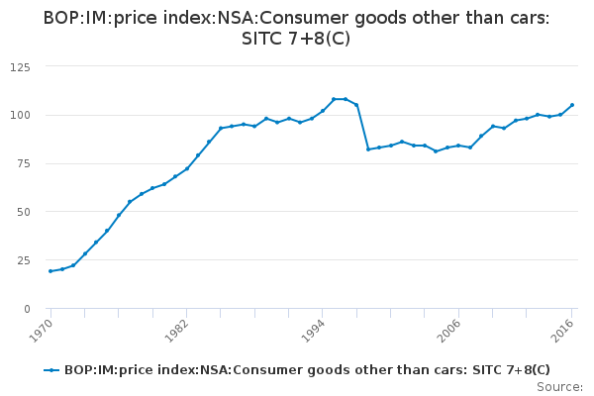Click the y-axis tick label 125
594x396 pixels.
pyautogui.click(x=19, y=66)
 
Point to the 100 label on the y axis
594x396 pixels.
pyautogui.click(x=19, y=115)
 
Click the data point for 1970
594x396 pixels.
pyautogui.click(x=49, y=271)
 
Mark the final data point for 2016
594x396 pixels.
pyautogui.click(x=572, y=105)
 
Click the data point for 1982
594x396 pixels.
pyautogui.click(x=186, y=168)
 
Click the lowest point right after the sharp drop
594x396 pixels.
pyautogui.click(x=368, y=149)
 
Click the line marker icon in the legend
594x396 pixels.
pyautogui.click(x=52, y=370)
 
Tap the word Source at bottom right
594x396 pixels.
pyautogui.click(x=560, y=386)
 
